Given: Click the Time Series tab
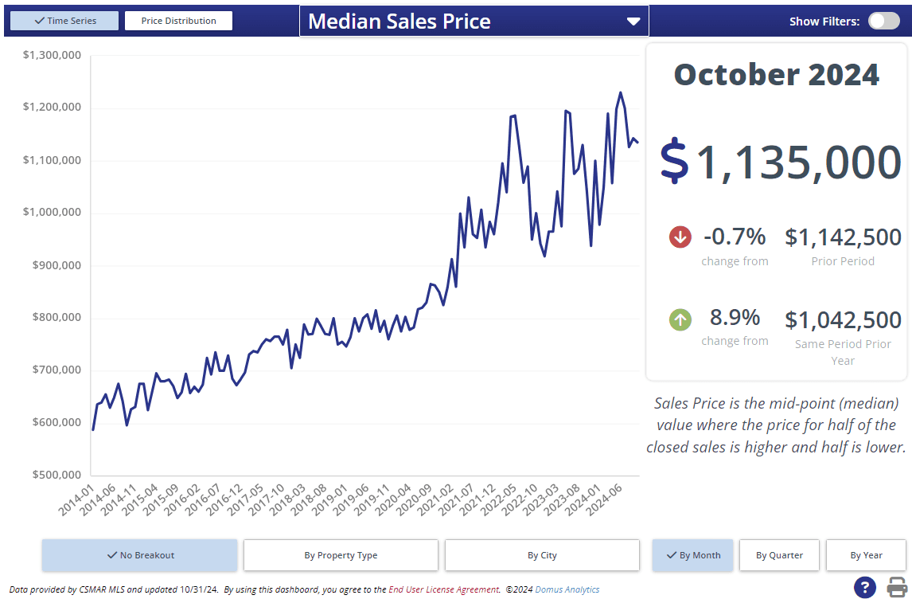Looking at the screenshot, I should point(64,21).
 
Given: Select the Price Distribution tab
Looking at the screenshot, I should point(178,21).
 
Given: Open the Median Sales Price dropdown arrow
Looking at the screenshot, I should point(633,22).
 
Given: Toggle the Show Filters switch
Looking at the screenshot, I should point(883,21).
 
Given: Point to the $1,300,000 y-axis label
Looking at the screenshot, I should point(52,55).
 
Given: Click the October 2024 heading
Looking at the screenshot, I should point(776,75).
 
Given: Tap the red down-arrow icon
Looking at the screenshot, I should point(680,237).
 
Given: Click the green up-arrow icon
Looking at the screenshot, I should point(680,319).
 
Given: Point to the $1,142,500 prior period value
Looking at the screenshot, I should point(843,237).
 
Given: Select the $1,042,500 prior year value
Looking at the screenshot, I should point(843,320).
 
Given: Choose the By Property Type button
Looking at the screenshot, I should point(341,555).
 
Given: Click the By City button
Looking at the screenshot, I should point(542,555).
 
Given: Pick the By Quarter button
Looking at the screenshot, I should point(779,555).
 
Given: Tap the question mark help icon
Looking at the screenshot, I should point(865,587).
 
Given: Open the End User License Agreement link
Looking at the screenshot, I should point(444,589).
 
